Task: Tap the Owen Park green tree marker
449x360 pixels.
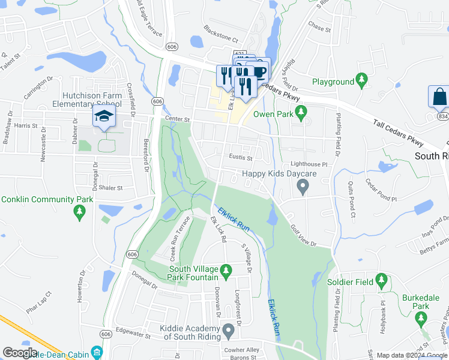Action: tap(301, 112)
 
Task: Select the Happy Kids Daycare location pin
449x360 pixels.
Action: tap(303, 188)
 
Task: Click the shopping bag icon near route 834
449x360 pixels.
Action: tap(439, 96)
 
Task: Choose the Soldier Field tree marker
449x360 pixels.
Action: tap(381, 280)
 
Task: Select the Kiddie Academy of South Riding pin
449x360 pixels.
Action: tap(228, 330)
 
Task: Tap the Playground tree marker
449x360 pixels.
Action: tap(361, 80)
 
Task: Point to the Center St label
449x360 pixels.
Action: tap(178, 119)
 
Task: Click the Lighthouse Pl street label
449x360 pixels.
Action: tap(309, 164)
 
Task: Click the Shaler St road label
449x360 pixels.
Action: tap(111, 188)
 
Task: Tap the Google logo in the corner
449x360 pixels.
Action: tap(20, 353)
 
